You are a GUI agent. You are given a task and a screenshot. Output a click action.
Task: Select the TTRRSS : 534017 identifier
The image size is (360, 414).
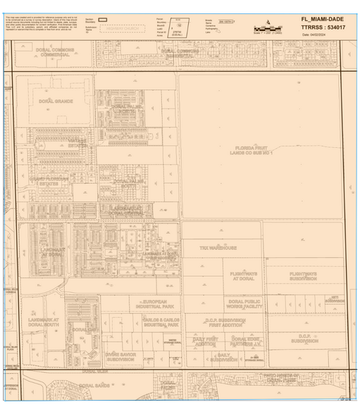320,27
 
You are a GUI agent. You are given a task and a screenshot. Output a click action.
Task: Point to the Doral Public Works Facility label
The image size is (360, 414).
245,304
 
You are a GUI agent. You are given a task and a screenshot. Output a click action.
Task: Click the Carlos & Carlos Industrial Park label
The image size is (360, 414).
160,322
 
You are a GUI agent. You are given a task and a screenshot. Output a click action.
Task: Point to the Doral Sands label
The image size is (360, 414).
95,386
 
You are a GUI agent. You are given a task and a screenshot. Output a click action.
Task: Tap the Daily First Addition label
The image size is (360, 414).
206,341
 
